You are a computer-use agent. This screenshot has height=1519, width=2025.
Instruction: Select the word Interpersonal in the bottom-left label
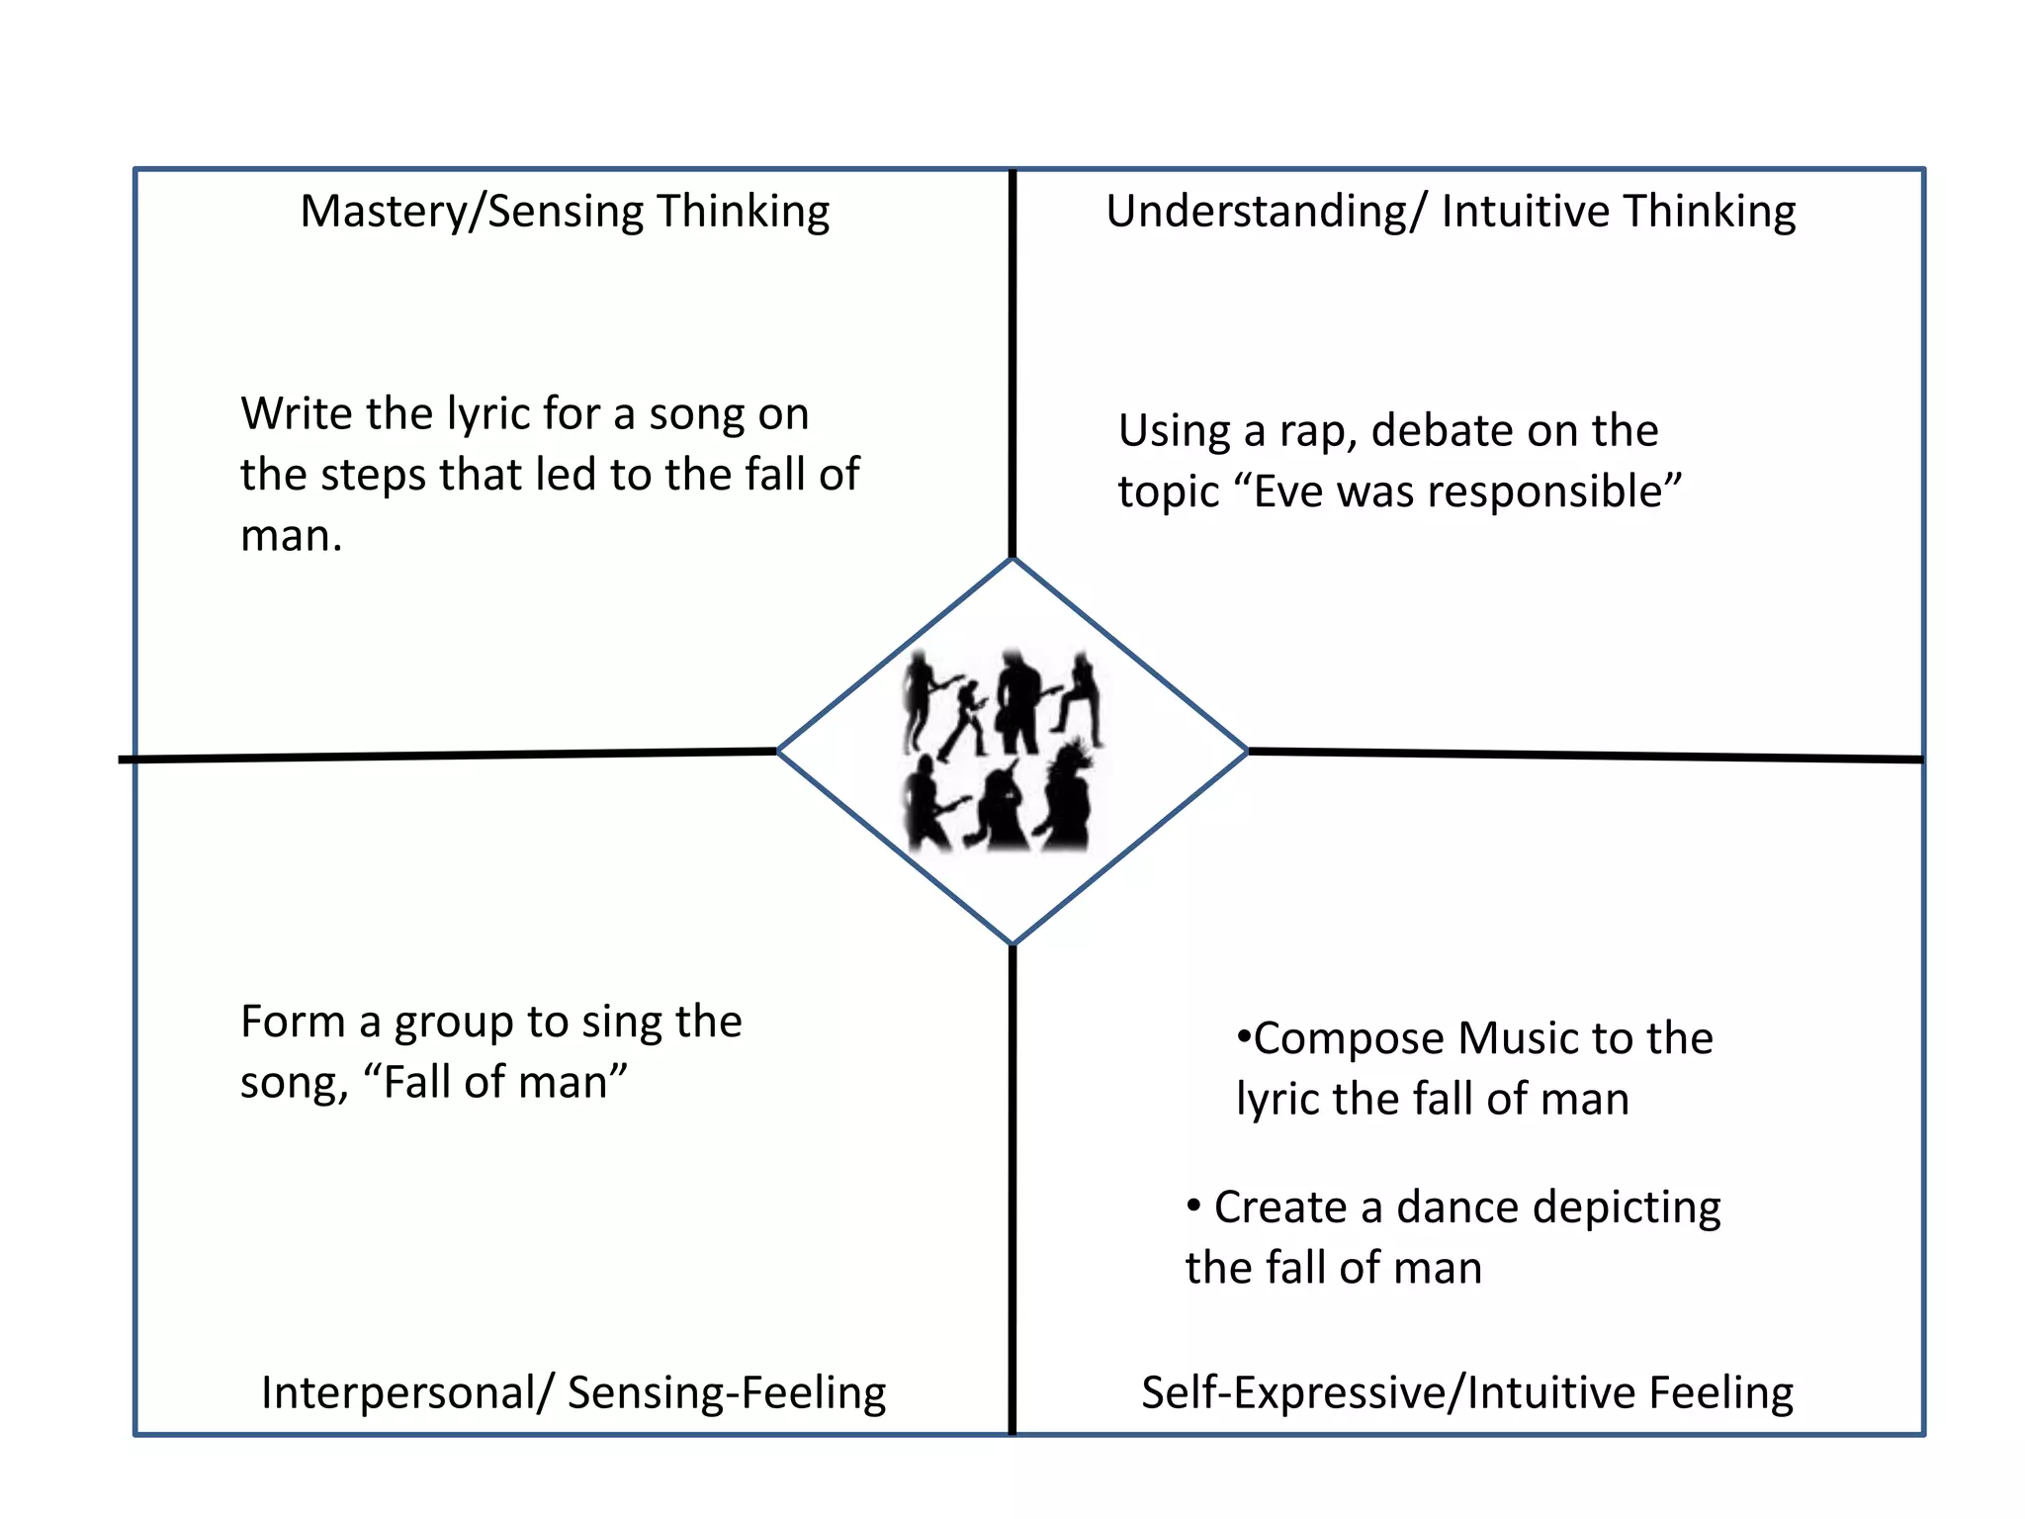point(398,1393)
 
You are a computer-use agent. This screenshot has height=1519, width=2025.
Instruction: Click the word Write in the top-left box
point(295,414)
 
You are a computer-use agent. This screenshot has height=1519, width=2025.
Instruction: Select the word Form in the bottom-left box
point(293,1023)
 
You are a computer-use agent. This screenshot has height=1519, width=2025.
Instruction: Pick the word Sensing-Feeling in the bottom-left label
point(727,1393)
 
